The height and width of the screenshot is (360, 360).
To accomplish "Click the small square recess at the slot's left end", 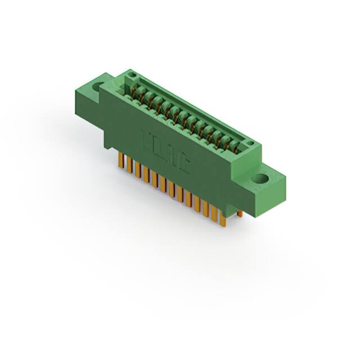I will coord(132,75).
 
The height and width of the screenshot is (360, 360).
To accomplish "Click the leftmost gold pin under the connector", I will coord(120,160).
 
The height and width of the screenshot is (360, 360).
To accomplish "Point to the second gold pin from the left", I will coord(128,165).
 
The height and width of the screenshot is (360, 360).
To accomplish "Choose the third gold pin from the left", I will coord(137,169).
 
